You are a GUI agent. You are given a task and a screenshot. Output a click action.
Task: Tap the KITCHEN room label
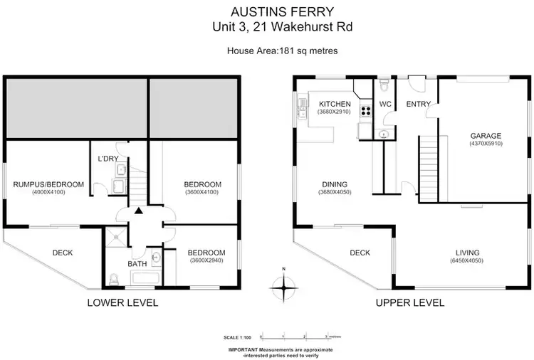(334, 104)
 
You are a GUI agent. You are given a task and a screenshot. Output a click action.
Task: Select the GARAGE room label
(486, 135)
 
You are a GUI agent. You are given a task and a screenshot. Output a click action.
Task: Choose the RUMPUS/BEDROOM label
(48, 184)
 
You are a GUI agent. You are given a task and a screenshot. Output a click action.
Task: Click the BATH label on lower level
(137, 264)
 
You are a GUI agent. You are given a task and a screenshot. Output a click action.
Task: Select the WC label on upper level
(385, 104)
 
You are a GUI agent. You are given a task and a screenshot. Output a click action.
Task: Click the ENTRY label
(418, 104)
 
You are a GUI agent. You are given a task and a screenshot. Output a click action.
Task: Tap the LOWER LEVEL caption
(122, 302)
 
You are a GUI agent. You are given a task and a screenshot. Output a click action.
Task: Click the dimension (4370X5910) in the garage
(486, 144)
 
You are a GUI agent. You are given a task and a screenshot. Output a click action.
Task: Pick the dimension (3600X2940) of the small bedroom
(206, 261)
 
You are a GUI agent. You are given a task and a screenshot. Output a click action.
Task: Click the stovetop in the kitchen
(365, 110)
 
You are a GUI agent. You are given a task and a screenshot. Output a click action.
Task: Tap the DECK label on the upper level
(360, 253)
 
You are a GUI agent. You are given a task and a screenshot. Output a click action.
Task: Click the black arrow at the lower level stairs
(139, 211)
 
